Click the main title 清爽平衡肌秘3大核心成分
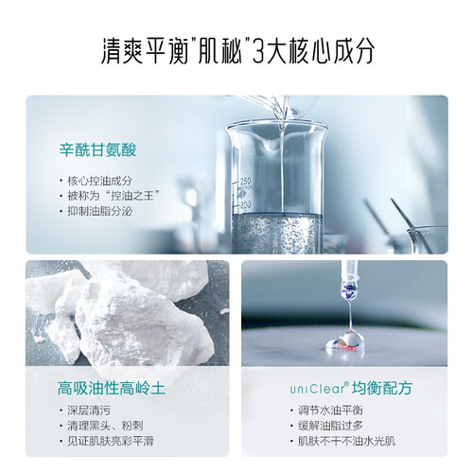(x=238, y=51)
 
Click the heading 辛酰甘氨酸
(x=98, y=149)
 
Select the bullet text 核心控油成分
(x=99, y=181)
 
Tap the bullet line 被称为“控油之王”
(x=113, y=196)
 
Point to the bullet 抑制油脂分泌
(x=99, y=211)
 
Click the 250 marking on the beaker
(x=245, y=182)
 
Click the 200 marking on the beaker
(x=245, y=205)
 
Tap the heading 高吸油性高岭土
(x=112, y=388)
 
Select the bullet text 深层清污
(x=89, y=411)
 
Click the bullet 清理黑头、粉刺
(x=105, y=426)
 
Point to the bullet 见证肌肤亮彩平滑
(x=111, y=441)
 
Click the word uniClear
(x=318, y=389)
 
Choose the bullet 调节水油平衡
(x=330, y=411)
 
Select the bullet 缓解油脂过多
(x=330, y=426)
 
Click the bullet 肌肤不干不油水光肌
(x=346, y=441)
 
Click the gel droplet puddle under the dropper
(x=344, y=342)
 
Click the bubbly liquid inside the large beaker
(x=277, y=233)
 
